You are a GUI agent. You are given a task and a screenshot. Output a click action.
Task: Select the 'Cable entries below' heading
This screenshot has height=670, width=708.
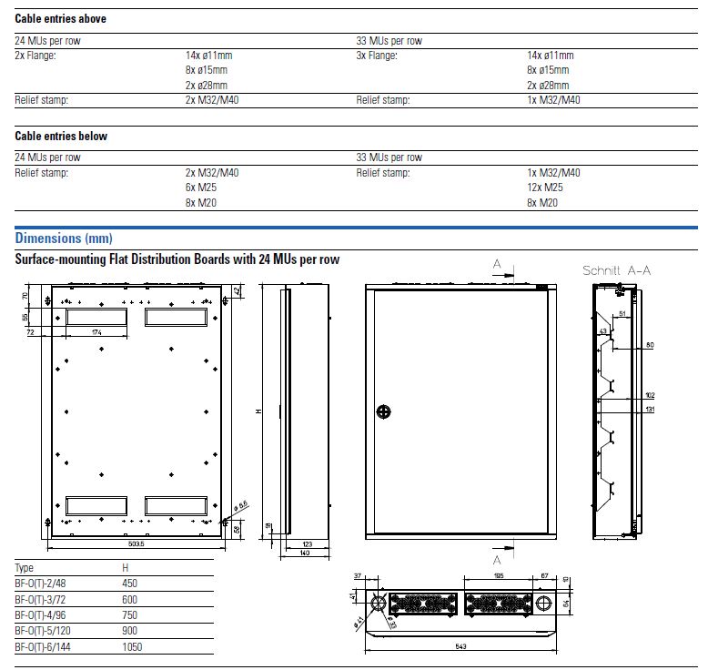click(x=61, y=136)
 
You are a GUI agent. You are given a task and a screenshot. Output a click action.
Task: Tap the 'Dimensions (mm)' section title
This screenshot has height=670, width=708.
click(x=64, y=239)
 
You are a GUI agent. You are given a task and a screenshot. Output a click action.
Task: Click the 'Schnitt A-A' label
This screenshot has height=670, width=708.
click(x=617, y=270)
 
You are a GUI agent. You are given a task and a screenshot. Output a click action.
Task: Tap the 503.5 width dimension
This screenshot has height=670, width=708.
click(x=137, y=543)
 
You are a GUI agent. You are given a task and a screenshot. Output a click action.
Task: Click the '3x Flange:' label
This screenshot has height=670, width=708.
click(x=379, y=56)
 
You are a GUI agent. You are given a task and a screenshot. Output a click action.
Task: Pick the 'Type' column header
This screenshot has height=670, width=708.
click(x=25, y=568)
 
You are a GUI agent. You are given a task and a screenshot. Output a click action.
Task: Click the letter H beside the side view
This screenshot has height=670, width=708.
click(x=258, y=411)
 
